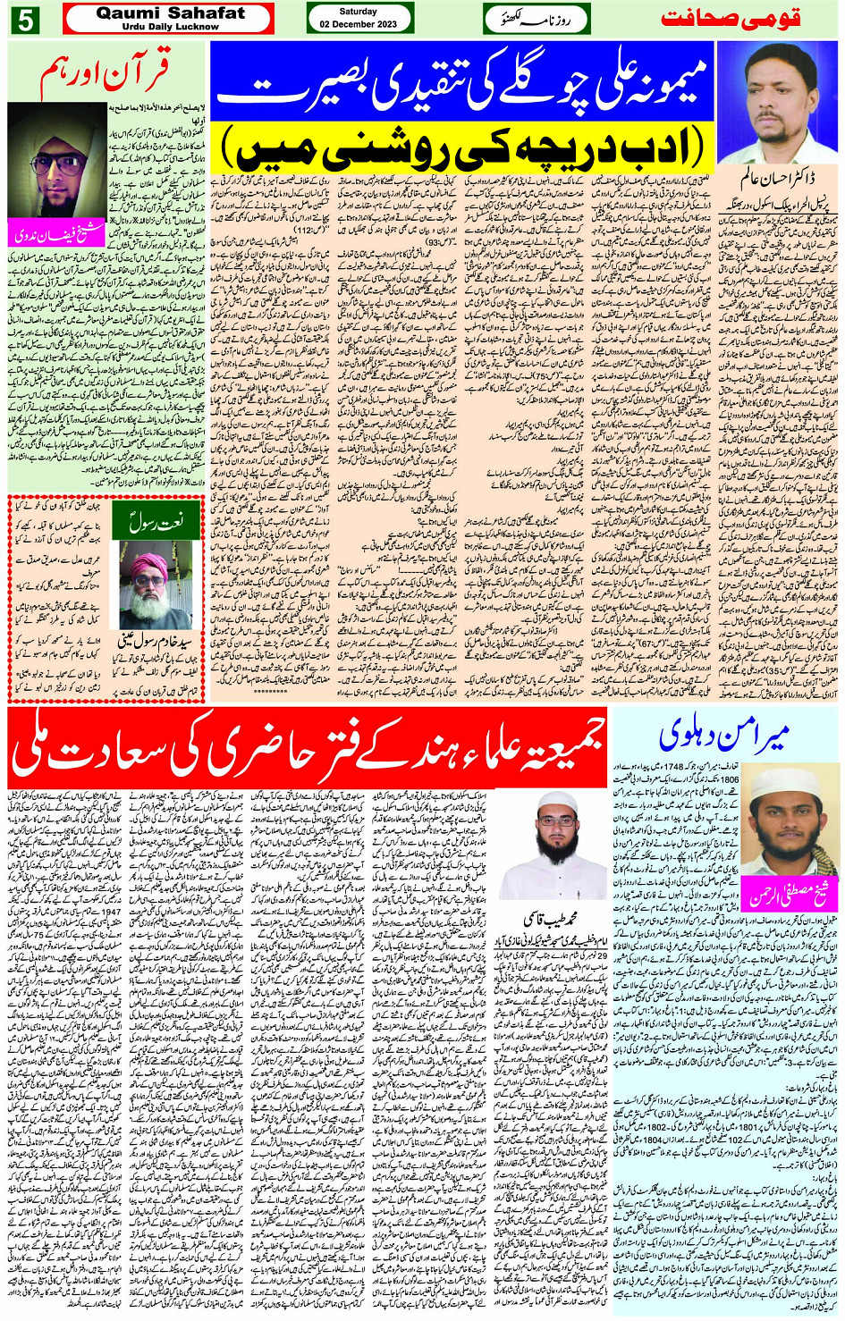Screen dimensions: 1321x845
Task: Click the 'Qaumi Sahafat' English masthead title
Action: coord(169,13)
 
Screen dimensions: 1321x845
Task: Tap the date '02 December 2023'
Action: coord(359,24)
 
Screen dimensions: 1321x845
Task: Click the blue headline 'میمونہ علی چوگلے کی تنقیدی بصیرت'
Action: coord(462,82)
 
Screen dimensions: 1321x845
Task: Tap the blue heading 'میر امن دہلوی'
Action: coord(724,736)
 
